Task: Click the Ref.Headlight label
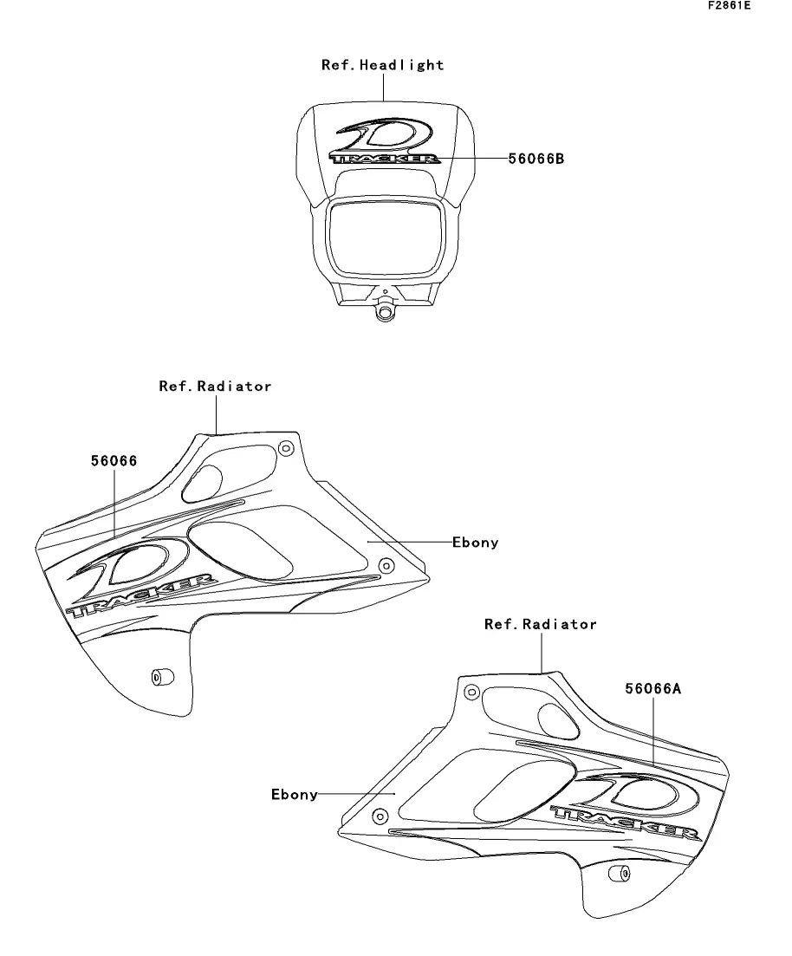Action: coord(382,65)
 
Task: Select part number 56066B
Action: coord(536,159)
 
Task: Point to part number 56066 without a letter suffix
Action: coord(114,461)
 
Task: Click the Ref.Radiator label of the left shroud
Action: coord(215,387)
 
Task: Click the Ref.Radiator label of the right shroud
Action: coord(540,624)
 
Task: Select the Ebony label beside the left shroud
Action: coord(476,543)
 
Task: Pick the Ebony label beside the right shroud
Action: coord(295,794)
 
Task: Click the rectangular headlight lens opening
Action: coord(386,234)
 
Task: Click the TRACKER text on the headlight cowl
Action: coord(385,159)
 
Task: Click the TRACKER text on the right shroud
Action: coord(626,823)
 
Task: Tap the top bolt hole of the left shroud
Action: coord(286,448)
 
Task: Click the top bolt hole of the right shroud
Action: coord(471,692)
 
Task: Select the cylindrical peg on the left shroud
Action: coord(160,676)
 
